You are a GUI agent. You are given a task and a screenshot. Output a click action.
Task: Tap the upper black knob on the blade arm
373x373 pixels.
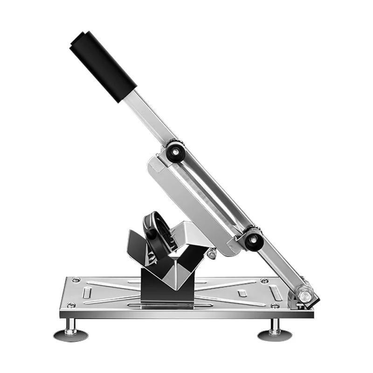point(175,150)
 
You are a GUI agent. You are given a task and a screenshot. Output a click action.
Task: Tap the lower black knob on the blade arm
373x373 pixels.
point(253,239)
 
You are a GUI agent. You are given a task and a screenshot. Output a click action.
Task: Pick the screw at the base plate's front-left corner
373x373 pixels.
point(70,305)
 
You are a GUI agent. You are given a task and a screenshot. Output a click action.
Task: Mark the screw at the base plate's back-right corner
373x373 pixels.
point(264,281)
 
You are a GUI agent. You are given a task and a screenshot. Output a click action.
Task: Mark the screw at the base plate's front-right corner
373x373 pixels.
point(276,306)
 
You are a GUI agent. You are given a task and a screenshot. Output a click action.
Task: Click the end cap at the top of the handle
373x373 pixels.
point(79,40)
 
